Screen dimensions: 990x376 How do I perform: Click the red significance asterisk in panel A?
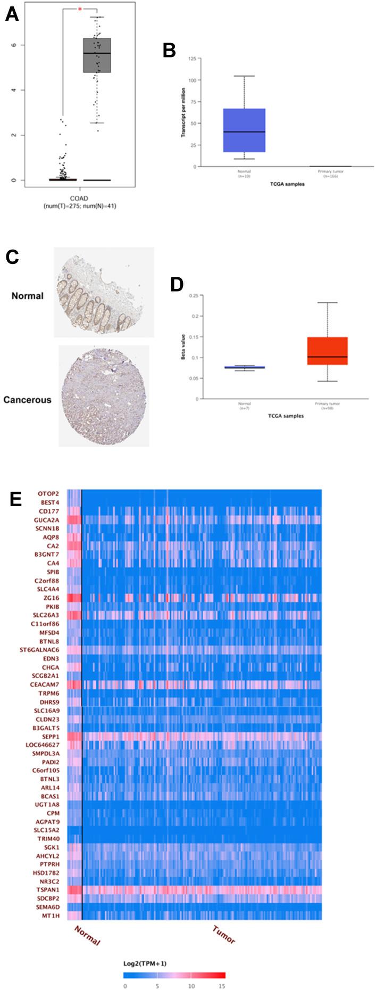[80, 9]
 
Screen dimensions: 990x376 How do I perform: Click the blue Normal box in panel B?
[244, 130]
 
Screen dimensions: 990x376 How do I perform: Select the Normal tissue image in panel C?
[104, 292]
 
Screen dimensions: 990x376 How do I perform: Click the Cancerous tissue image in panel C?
[104, 395]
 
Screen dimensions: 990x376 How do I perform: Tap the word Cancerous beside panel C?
[28, 399]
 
